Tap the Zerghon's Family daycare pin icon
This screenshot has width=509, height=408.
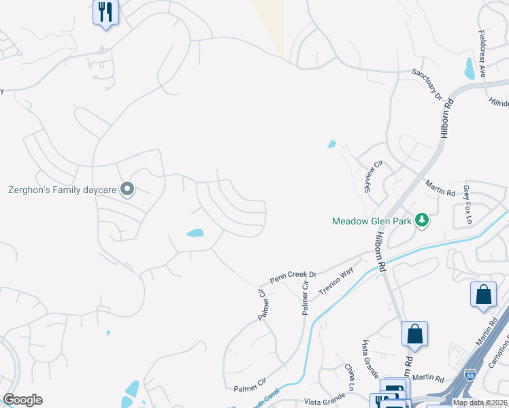point(127,190)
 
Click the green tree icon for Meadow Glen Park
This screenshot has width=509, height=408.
point(422,220)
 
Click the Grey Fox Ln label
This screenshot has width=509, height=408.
point(467,201)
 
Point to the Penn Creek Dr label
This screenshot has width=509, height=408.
point(293,277)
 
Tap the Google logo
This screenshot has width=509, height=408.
point(22,400)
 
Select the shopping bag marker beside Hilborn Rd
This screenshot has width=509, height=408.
point(414,334)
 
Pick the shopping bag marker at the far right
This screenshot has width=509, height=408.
point(483,294)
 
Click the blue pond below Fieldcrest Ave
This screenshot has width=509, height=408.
point(469,69)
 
